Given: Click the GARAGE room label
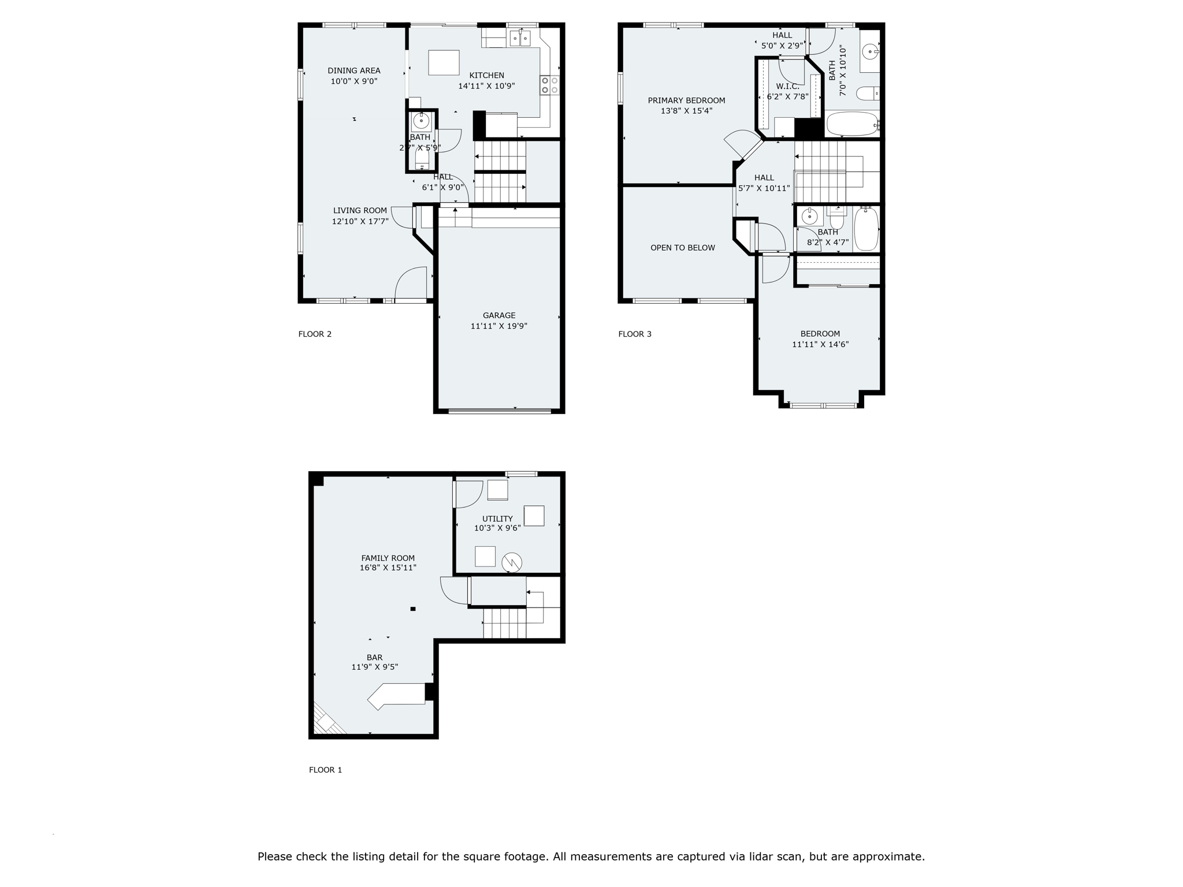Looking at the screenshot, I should tap(499, 315).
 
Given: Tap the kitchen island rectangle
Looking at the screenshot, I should tap(444, 62).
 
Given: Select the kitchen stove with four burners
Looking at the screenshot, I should tap(549, 85).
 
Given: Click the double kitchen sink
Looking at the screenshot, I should tap(520, 39).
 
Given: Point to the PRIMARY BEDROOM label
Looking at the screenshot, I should tap(686, 100).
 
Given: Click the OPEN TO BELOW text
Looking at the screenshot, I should tap(682, 248).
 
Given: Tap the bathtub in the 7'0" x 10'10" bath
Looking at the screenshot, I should tap(851, 124).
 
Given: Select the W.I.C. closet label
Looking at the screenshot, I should tap(787, 87).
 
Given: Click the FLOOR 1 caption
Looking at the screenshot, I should tap(325, 770).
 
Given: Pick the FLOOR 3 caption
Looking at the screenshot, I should tap(634, 334).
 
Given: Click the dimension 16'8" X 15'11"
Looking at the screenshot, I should tap(388, 568).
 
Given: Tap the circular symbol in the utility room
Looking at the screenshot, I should tap(512, 562).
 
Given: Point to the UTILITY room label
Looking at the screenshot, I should tap(497, 519).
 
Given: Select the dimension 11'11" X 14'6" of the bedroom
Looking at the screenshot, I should tap(820, 344).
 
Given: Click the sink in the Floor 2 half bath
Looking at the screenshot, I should tap(421, 122).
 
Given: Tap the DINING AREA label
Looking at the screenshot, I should tap(354, 70).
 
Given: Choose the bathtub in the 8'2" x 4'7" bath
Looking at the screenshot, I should tap(866, 229).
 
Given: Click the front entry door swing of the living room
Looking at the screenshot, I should tap(411, 283).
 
